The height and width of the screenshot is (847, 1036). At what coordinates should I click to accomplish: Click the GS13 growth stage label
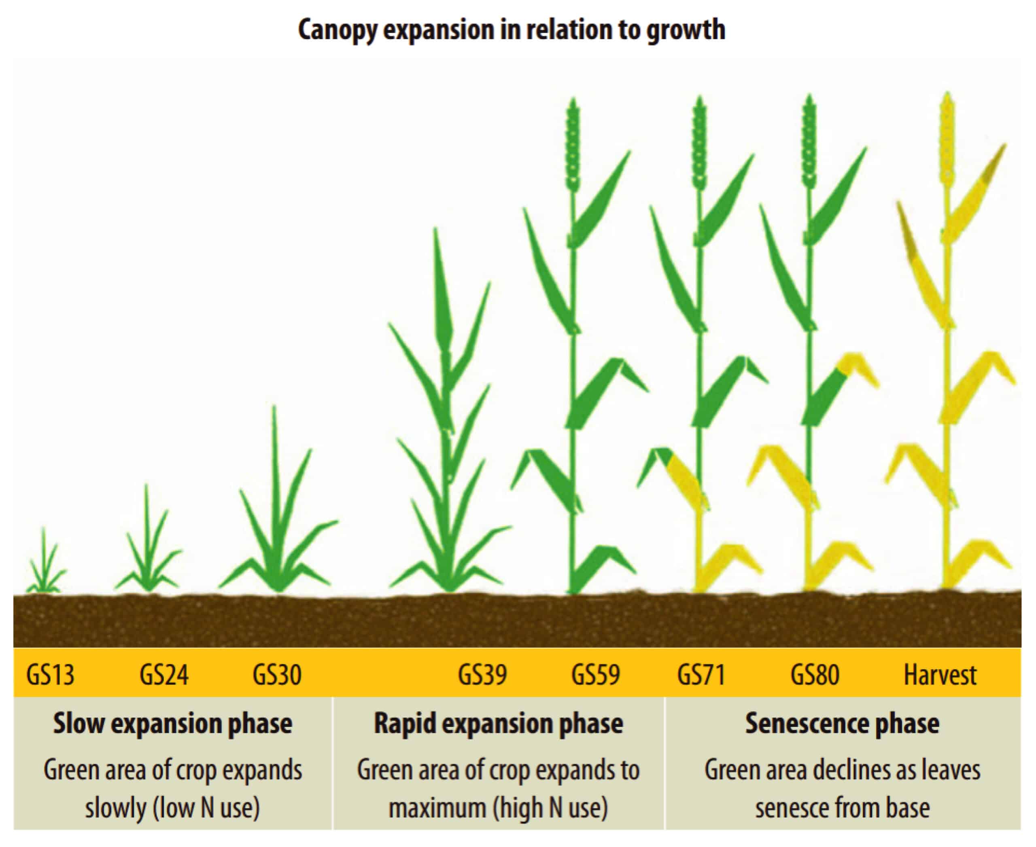[x=50, y=675]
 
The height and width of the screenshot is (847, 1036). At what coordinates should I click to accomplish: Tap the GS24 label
[x=164, y=675]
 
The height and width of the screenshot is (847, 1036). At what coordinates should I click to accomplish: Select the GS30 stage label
[x=277, y=675]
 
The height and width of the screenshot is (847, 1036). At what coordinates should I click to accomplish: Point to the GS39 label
[x=482, y=675]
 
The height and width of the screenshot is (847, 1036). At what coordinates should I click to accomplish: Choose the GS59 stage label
[x=596, y=675]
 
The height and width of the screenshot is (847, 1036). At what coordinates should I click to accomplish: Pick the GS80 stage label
[x=815, y=675]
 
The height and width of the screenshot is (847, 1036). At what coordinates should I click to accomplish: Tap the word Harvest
[x=940, y=675]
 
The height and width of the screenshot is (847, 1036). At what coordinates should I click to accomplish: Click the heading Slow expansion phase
[x=173, y=723]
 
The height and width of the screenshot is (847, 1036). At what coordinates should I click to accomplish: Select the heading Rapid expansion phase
[x=499, y=723]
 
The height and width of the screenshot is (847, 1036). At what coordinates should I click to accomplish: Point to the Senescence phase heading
[x=842, y=723]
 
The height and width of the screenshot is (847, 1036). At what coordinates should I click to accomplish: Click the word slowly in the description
[x=116, y=808]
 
